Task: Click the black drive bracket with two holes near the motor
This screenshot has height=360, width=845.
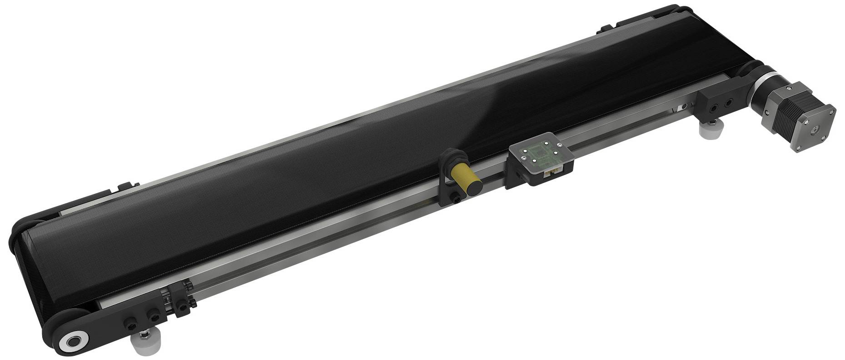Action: pyautogui.click(x=716, y=105)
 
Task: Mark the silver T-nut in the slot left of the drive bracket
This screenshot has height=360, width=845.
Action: pyautogui.click(x=681, y=108)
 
